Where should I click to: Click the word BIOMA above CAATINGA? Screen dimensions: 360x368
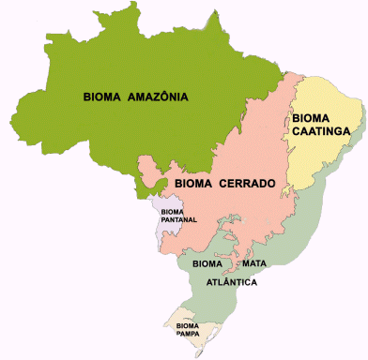(x=312, y=119)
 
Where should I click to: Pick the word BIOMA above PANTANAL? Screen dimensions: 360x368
(x=173, y=212)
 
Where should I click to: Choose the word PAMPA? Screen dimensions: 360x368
(x=189, y=334)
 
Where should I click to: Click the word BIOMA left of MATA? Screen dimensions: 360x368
(x=207, y=265)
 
